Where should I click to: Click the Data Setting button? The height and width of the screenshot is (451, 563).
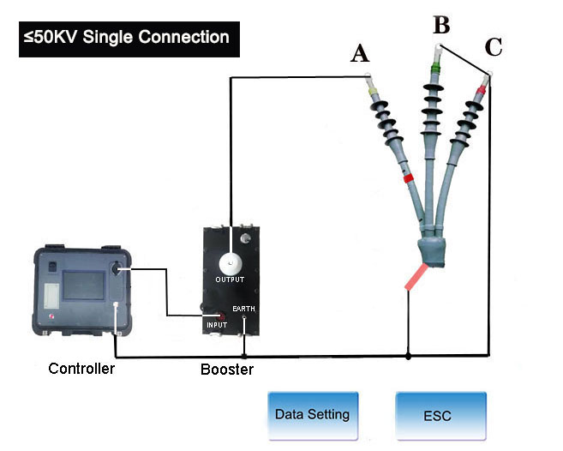[x=311, y=415]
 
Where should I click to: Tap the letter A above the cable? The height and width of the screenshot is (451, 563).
[x=361, y=54]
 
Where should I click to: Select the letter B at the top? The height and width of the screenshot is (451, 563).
[x=441, y=23]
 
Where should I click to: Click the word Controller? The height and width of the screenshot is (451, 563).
[x=81, y=369]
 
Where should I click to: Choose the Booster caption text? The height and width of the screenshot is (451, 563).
[x=227, y=370]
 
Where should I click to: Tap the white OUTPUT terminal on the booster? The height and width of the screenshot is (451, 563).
[x=230, y=262]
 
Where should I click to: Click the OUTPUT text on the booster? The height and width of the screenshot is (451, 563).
[x=230, y=280]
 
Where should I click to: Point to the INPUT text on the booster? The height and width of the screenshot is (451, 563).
[x=217, y=326]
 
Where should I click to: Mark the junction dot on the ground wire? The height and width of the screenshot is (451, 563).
[x=408, y=355]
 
